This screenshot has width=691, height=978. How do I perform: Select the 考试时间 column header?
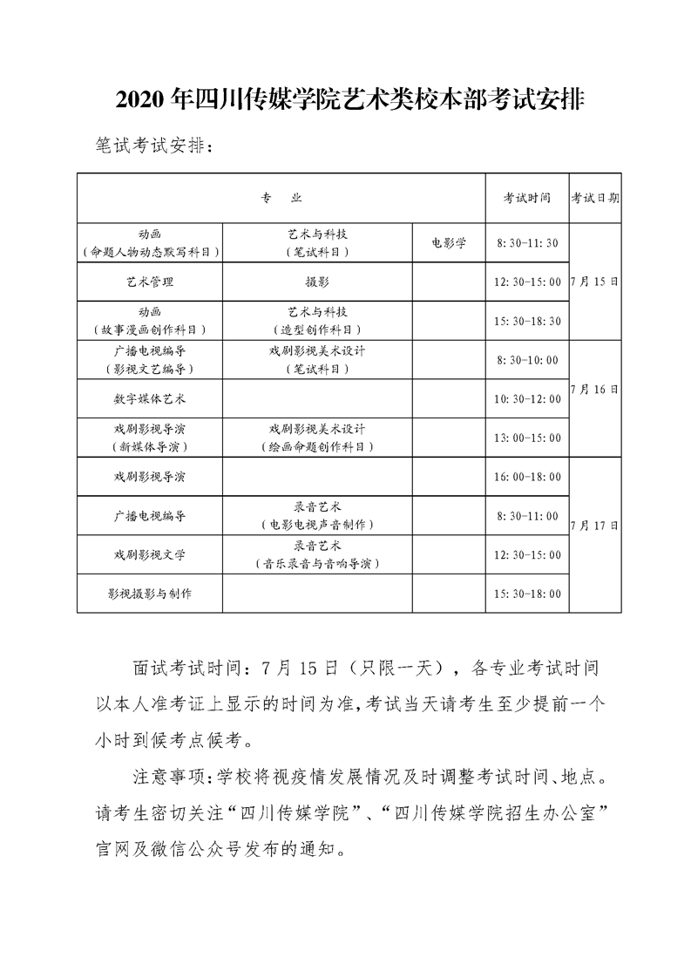click(x=526, y=198)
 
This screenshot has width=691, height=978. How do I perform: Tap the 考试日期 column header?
click(x=595, y=198)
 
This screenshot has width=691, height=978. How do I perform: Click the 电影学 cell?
click(x=449, y=243)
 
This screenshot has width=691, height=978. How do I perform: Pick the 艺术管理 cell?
click(x=150, y=282)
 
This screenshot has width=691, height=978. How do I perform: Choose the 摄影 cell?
click(x=318, y=282)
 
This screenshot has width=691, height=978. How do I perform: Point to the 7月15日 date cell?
click(x=595, y=282)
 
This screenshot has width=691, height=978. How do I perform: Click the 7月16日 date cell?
click(x=595, y=389)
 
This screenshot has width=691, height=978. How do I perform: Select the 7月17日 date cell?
click(x=595, y=526)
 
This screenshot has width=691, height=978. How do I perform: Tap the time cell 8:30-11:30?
click(x=526, y=243)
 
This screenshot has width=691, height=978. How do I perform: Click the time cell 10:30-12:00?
click(x=526, y=398)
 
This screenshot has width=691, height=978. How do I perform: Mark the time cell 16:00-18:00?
click(x=526, y=477)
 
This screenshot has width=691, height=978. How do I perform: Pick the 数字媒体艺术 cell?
click(x=150, y=398)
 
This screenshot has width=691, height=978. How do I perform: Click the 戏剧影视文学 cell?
click(x=150, y=554)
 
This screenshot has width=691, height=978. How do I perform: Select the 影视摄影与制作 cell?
click(x=150, y=594)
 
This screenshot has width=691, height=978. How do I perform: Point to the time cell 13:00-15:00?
click(x=526, y=438)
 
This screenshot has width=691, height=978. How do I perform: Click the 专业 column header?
click(x=281, y=198)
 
